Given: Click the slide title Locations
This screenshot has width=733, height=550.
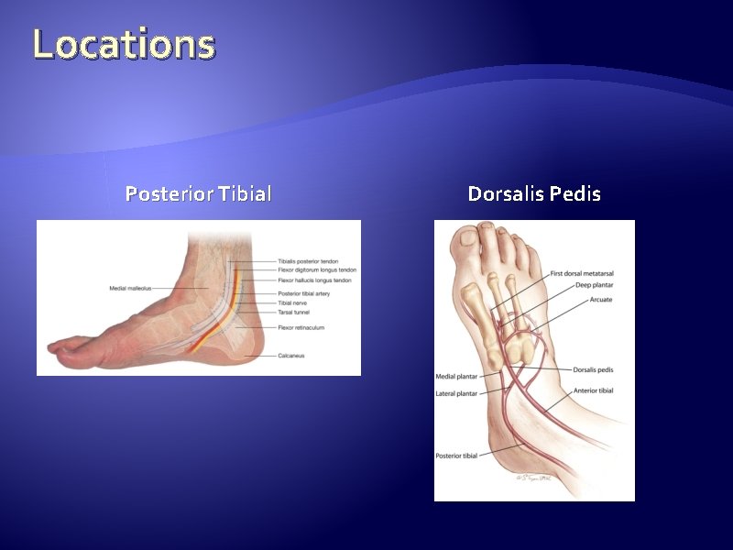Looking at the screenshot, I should tap(124, 44).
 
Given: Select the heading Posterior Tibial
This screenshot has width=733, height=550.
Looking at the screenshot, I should tap(198, 194).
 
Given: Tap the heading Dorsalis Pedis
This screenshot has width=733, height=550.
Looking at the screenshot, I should tap(534, 194).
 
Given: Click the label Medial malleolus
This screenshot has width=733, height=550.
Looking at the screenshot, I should tap(130, 289).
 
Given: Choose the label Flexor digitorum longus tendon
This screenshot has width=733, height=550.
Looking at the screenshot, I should tap(316, 270).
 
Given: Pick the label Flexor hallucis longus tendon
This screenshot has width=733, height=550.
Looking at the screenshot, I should tap(314, 280).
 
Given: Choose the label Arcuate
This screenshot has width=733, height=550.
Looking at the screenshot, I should tap(601, 300).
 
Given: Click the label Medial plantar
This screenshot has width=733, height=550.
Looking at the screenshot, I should tap(455, 377).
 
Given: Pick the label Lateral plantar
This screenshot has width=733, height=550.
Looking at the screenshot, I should tap(455, 394).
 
